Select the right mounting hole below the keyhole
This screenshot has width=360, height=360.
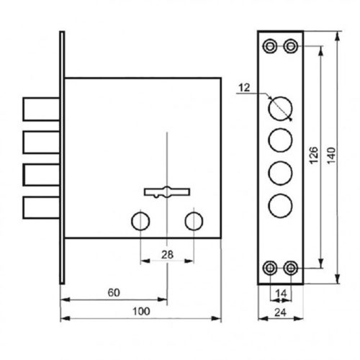(193, 220)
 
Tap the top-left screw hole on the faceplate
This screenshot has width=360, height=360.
(270, 46)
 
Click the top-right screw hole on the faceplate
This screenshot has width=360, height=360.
(290, 46)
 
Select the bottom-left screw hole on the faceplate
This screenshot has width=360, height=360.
(270, 268)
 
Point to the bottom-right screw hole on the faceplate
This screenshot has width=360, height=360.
(290, 268)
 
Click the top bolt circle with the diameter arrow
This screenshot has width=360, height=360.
(280, 107)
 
